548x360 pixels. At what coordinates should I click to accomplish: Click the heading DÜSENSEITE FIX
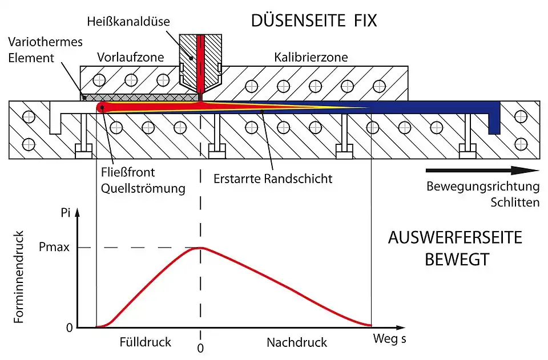tap(314, 22)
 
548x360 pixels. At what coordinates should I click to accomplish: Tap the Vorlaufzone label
tap(131, 58)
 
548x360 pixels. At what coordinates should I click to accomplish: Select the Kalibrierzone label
tap(311, 58)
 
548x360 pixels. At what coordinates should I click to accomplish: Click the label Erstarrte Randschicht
tap(273, 179)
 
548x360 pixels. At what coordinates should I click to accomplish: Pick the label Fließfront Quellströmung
tap(142, 179)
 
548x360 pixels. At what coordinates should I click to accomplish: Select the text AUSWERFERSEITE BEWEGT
tap(456, 248)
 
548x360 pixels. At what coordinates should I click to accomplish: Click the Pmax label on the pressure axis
tap(55, 248)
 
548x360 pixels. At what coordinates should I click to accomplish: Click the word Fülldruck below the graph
tap(146, 343)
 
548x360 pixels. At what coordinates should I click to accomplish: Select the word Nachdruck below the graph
tap(297, 343)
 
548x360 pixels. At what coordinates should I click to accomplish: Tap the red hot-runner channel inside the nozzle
tap(200, 63)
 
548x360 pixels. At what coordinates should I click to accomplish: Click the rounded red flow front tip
tap(102, 107)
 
